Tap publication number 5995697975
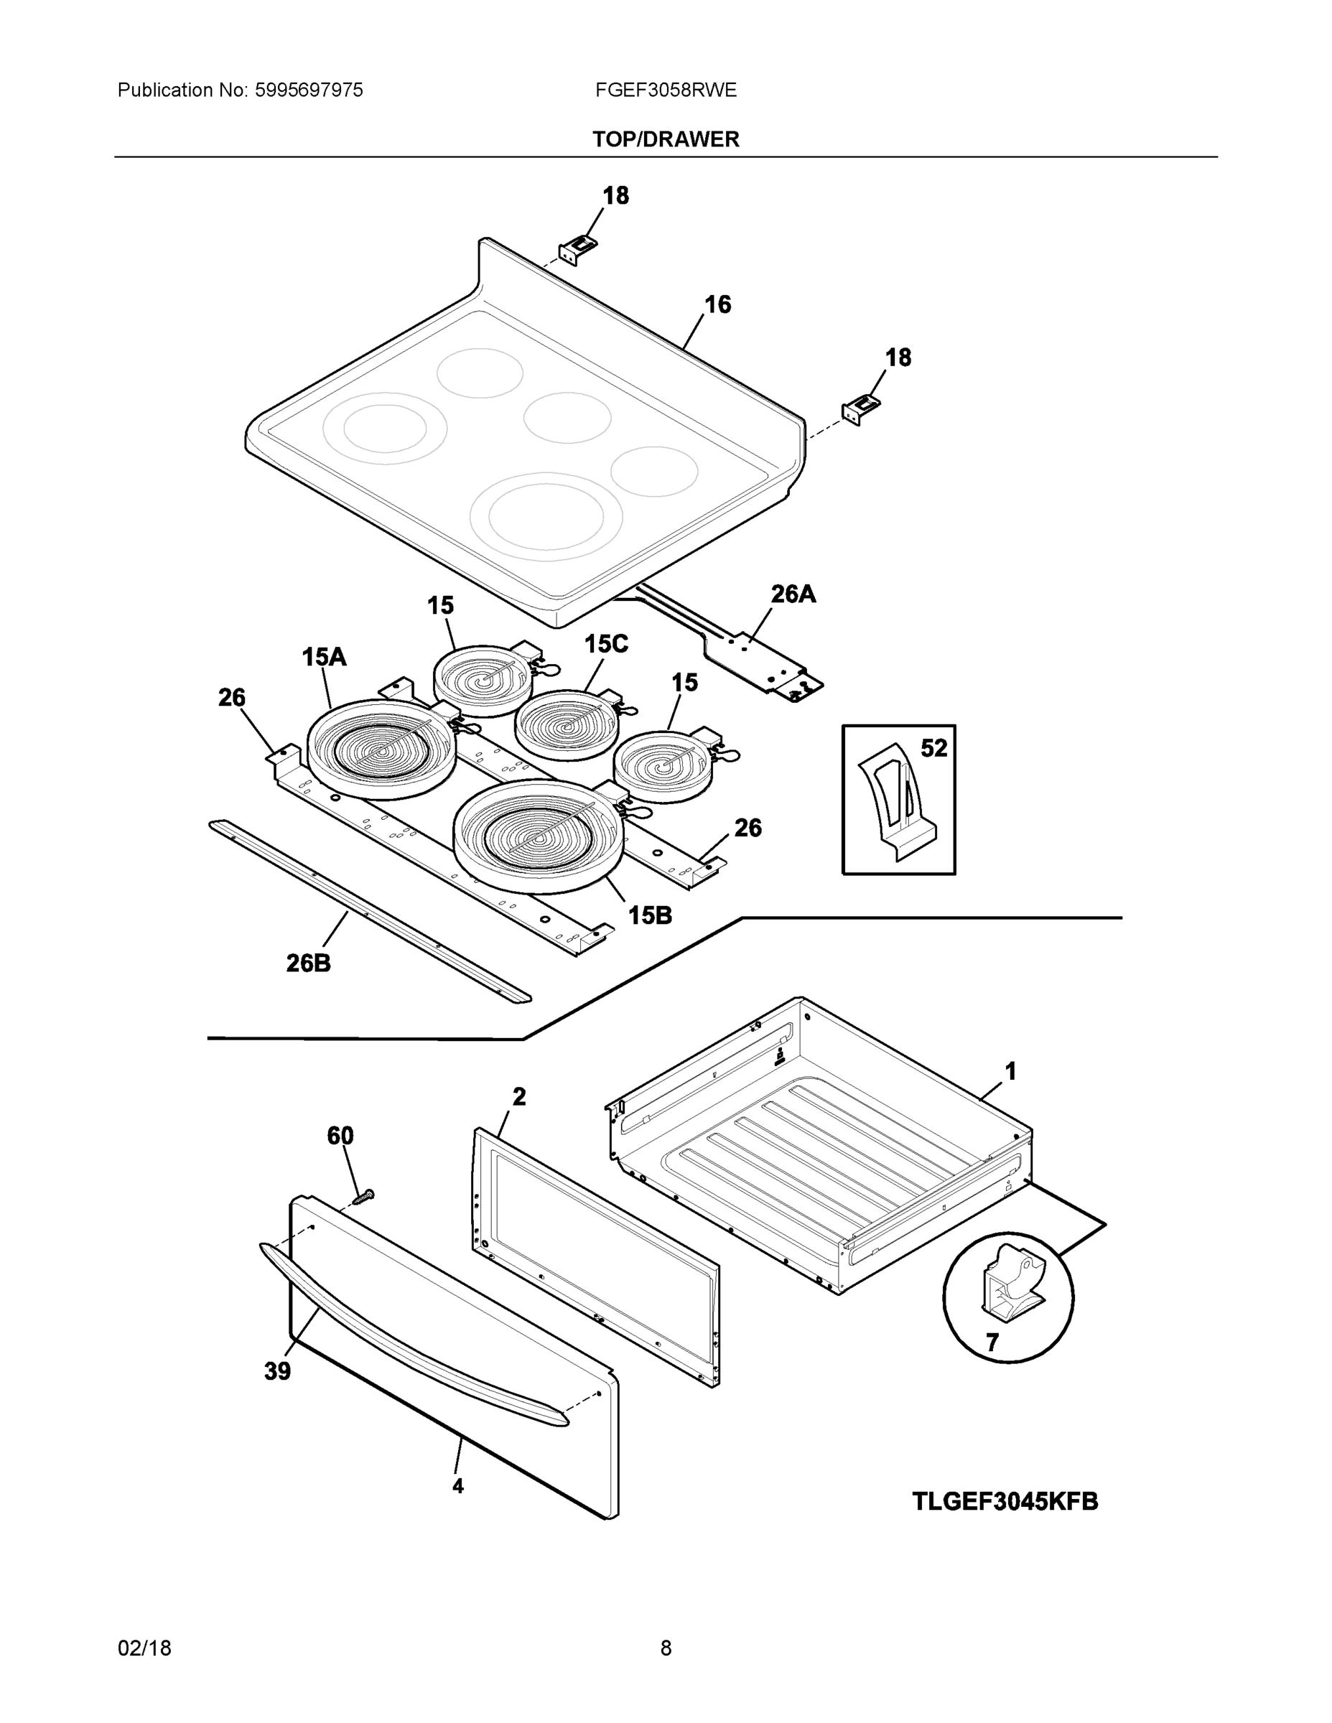pyautogui.click(x=309, y=90)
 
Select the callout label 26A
pyautogui.click(x=792, y=594)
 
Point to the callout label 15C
pyautogui.click(x=605, y=645)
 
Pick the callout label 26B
pyautogui.click(x=308, y=963)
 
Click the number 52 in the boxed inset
pyautogui.click(x=933, y=748)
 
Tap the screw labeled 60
pyautogui.click(x=363, y=1197)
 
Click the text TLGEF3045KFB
pyautogui.click(x=1005, y=1501)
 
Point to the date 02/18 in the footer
pyautogui.click(x=144, y=1648)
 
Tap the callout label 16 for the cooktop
pyautogui.click(x=717, y=304)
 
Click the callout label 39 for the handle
pyautogui.click(x=277, y=1372)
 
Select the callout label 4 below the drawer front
pyautogui.click(x=457, y=1486)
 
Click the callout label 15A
pyautogui.click(x=324, y=656)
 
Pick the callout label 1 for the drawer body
pyautogui.click(x=1010, y=1071)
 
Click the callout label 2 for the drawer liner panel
pyautogui.click(x=518, y=1096)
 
